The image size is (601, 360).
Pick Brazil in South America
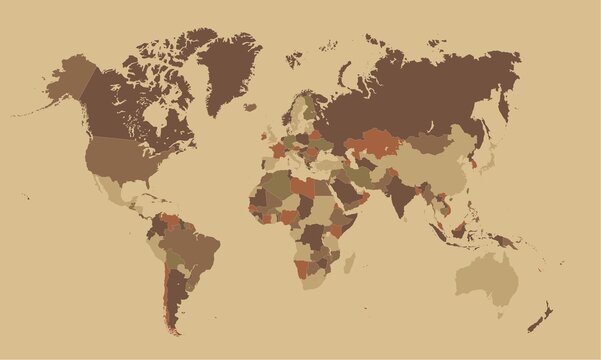point(196,250)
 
